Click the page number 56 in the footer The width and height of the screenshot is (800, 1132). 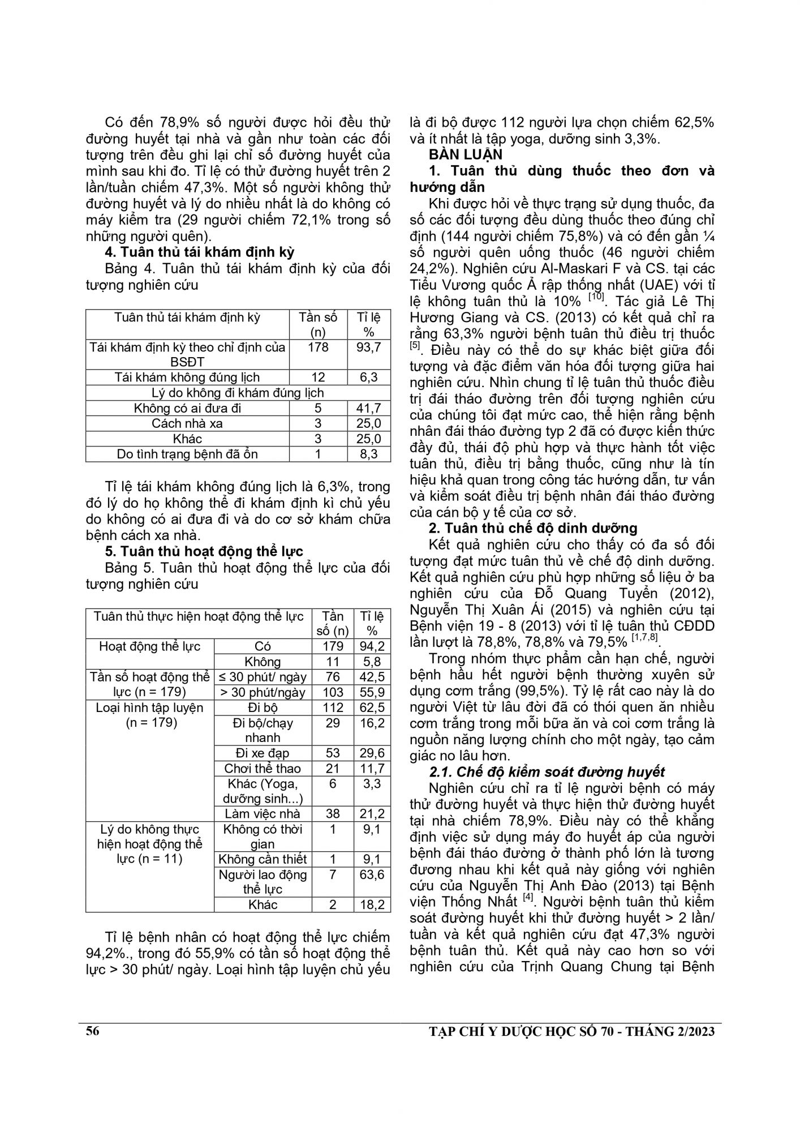point(93,1031)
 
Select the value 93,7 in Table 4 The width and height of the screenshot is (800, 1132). point(368,347)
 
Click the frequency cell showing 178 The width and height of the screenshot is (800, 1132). point(317,347)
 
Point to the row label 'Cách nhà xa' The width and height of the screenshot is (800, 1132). point(187,423)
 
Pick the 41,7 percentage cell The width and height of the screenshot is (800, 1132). point(368,408)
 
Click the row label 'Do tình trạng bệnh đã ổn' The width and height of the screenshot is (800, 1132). point(187,454)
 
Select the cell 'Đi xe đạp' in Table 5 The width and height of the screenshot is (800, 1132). point(263,753)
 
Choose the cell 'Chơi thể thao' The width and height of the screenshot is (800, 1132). point(263,768)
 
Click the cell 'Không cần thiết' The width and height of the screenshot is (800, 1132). point(263,859)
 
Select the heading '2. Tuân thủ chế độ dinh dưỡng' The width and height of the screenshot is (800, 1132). point(533,528)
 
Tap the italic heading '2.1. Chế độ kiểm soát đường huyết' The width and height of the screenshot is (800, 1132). point(547,771)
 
